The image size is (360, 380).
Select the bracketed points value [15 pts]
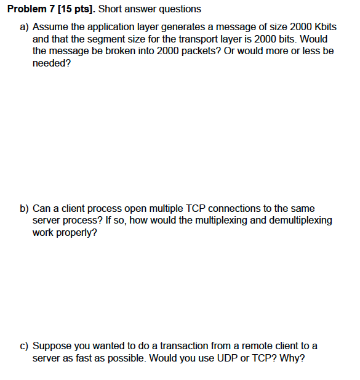[x=74, y=9]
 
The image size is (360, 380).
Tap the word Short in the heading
[x=111, y=9]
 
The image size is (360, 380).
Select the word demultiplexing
[x=295, y=221]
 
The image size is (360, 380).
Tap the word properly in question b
[x=76, y=233]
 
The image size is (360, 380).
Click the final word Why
[x=292, y=358]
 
